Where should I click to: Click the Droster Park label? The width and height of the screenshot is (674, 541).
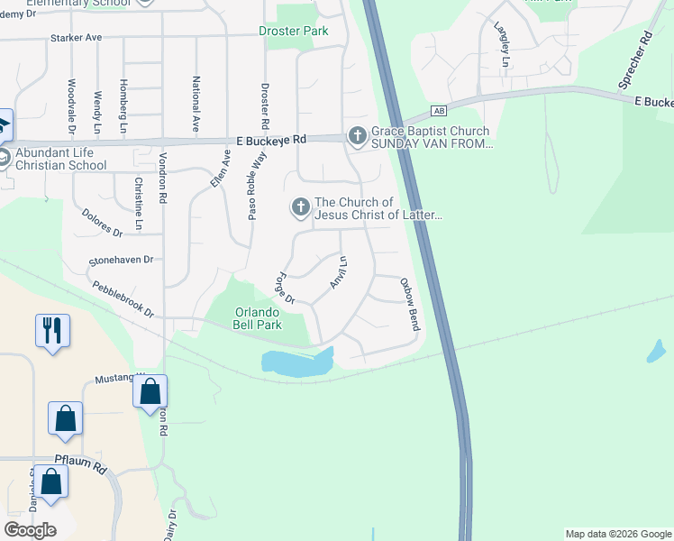point(293,31)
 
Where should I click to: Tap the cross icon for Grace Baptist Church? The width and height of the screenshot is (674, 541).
point(357,136)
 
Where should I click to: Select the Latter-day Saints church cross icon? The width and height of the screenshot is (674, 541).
point(300,208)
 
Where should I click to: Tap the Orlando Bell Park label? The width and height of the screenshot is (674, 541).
point(258,319)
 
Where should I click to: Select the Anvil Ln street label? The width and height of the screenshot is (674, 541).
point(338,272)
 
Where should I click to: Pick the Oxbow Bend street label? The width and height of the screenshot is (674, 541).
point(410,304)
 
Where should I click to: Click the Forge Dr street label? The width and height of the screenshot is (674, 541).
point(286,289)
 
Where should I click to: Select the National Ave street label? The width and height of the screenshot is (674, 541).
point(196,105)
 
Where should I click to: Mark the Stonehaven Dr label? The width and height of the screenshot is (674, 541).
point(122,260)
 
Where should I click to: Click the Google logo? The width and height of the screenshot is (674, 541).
point(31,529)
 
